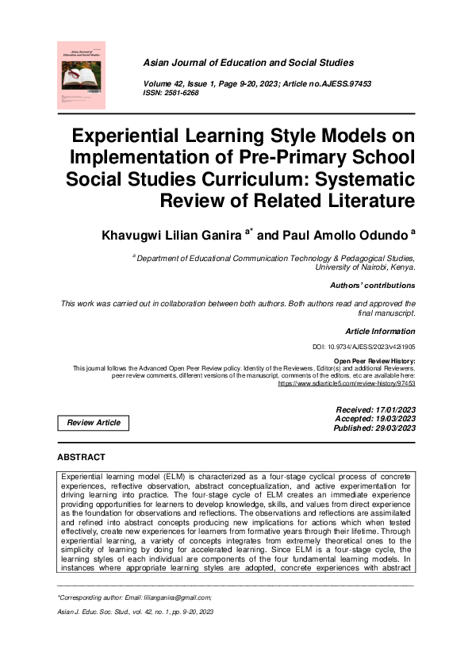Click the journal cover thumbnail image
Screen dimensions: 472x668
click(82, 75)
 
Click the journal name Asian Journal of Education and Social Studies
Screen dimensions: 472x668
click(248, 62)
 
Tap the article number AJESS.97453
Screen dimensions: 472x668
click(332, 83)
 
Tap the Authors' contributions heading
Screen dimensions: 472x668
click(372, 286)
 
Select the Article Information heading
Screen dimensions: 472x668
click(380, 331)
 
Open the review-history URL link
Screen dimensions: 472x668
click(346, 383)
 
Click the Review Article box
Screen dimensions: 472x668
click(94, 423)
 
